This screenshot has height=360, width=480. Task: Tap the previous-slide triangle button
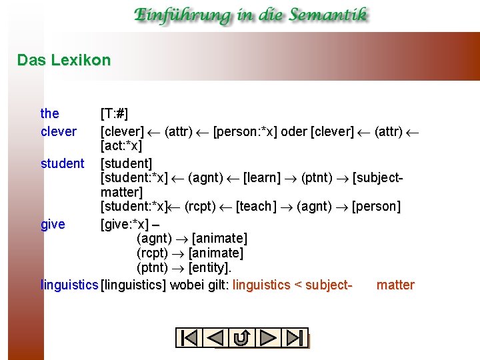click(215, 338)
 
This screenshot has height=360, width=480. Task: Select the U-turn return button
click(242, 338)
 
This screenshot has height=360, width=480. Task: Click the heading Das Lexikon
click(64, 60)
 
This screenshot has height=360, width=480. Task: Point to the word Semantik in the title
click(323, 15)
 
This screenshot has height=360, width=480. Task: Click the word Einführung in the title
click(178, 15)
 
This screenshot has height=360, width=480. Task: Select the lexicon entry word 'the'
click(49, 114)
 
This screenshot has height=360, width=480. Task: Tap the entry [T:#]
click(114, 114)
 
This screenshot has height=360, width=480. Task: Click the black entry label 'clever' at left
click(59, 131)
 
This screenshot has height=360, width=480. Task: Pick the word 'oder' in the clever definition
click(294, 131)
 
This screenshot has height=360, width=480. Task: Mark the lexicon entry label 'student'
click(62, 163)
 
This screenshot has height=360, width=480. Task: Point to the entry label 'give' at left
click(53, 225)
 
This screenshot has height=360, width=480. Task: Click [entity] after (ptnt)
click(209, 268)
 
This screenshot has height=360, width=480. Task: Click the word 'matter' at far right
click(395, 285)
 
